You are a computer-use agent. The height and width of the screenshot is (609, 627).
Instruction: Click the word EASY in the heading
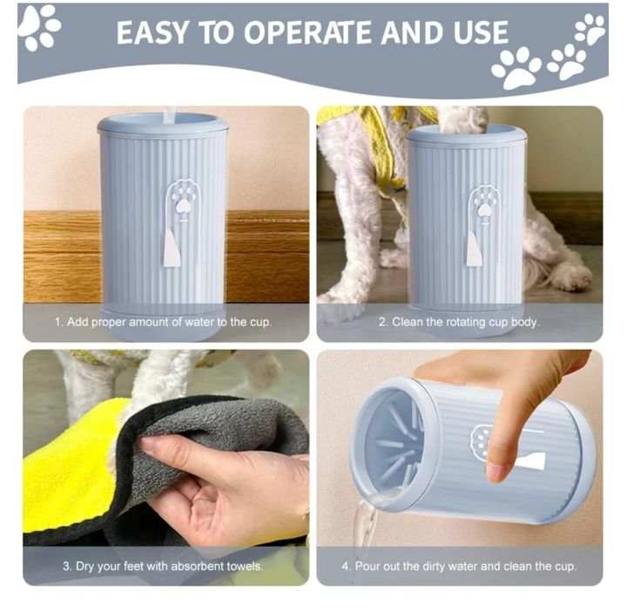(152, 32)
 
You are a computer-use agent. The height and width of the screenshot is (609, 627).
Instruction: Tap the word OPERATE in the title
(307, 32)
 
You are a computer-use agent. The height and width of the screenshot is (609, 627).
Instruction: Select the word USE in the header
(480, 32)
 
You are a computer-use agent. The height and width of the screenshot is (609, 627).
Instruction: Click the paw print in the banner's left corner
(39, 27)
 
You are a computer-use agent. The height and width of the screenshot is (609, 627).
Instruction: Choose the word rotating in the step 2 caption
(467, 322)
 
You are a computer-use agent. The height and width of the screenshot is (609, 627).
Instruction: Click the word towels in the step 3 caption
(245, 566)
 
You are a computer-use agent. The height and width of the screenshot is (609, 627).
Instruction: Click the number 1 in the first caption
(58, 322)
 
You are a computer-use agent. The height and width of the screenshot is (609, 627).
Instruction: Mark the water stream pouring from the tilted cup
(365, 524)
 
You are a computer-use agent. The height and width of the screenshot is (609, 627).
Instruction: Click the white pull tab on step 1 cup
(172, 250)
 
